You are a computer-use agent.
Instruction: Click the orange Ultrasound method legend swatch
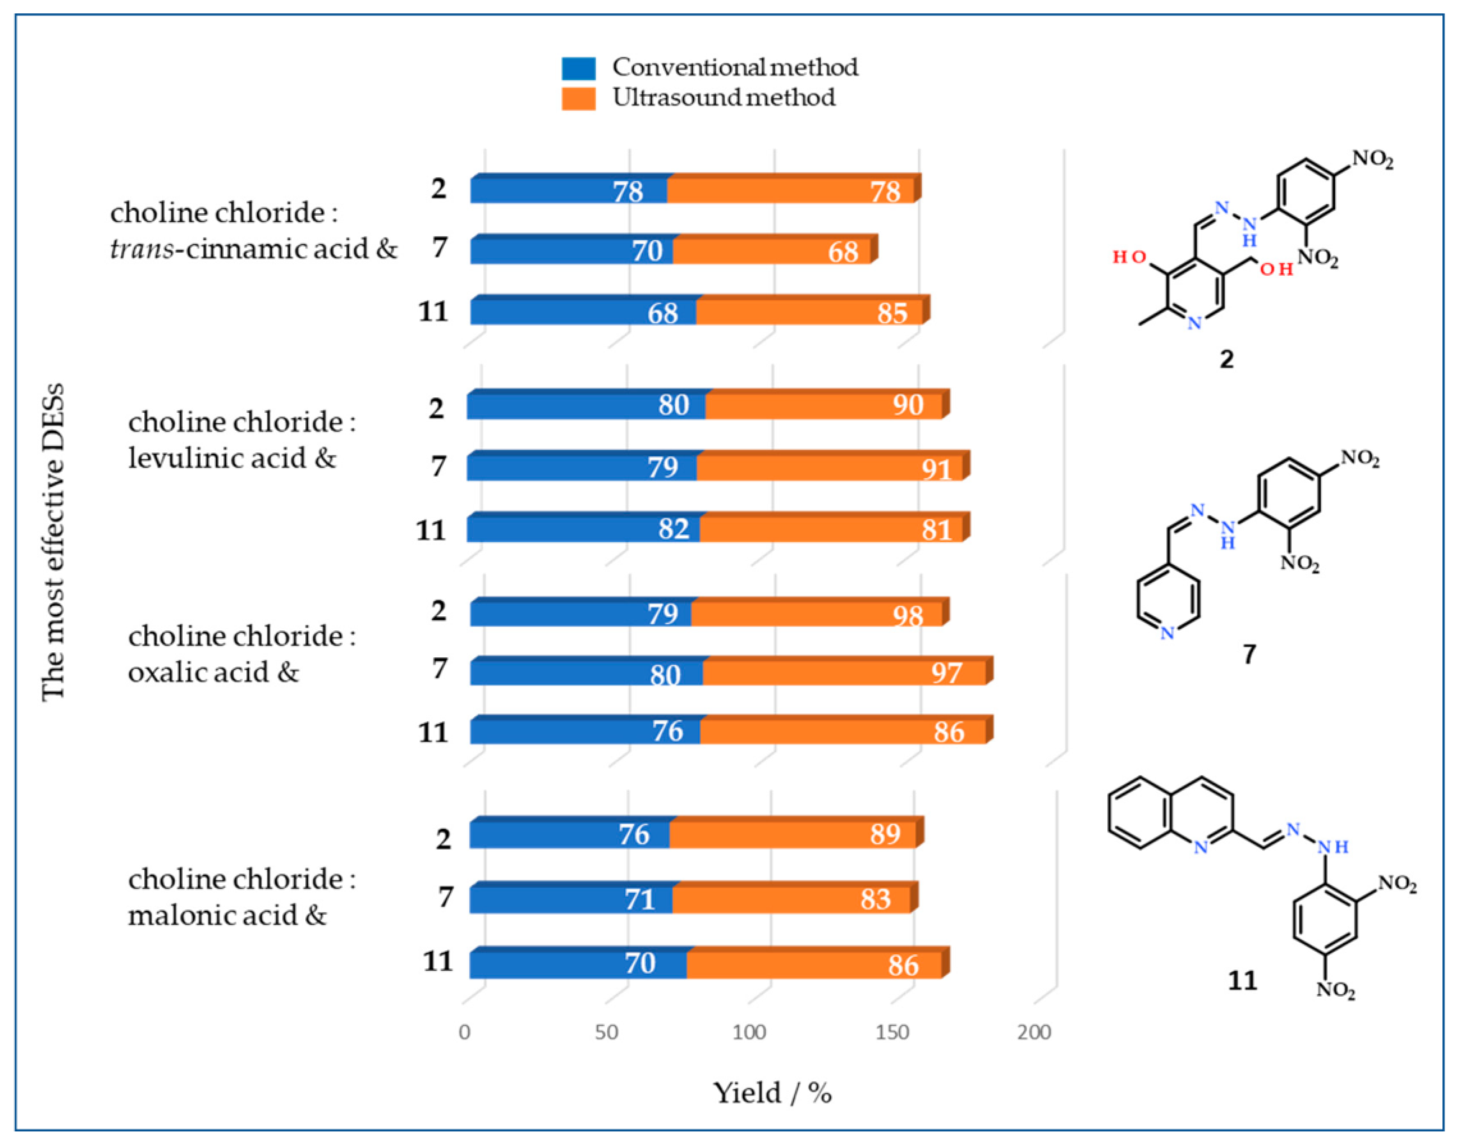tap(578, 99)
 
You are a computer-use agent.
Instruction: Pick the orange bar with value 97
tap(842, 672)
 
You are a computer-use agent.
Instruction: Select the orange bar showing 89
tap(792, 835)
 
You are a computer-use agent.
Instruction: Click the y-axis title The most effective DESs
tap(54, 543)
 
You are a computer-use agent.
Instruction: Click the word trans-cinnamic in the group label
tap(208, 249)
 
